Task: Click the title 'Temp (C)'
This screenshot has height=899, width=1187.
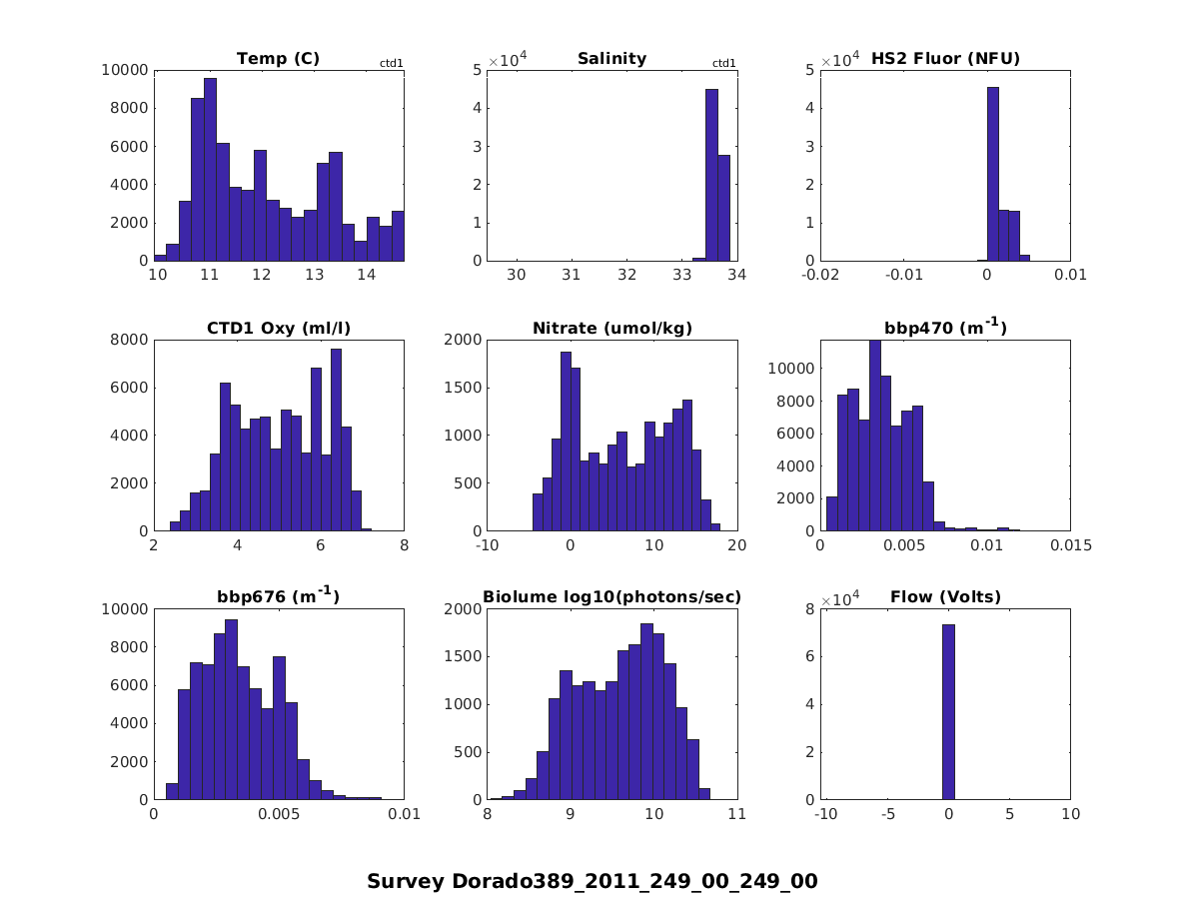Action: [x=278, y=59]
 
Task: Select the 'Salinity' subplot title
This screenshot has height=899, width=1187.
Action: [x=611, y=59]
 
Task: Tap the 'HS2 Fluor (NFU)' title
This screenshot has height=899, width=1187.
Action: [x=945, y=59]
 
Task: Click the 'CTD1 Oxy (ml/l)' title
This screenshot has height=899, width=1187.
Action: [x=278, y=329]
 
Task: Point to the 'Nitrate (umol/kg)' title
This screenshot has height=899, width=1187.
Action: [x=611, y=329]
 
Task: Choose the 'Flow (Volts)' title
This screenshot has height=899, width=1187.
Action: [x=945, y=598]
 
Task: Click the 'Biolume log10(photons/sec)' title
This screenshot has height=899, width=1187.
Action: [x=611, y=598]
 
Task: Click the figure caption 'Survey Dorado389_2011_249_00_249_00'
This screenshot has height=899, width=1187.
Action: [x=593, y=882]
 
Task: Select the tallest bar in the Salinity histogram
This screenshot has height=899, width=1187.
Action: [x=711, y=175]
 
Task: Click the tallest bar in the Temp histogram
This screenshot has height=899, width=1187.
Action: [x=210, y=170]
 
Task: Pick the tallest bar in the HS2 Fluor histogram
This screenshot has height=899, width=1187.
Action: [x=993, y=174]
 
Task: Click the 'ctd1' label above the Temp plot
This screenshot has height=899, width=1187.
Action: [x=391, y=64]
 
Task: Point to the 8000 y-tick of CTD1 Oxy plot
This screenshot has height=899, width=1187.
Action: [x=133, y=340]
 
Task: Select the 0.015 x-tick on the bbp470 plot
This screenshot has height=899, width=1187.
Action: [x=1070, y=545]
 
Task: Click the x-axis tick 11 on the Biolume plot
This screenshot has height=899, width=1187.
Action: [x=737, y=815]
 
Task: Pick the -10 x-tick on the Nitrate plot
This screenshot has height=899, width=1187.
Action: [x=487, y=545]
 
